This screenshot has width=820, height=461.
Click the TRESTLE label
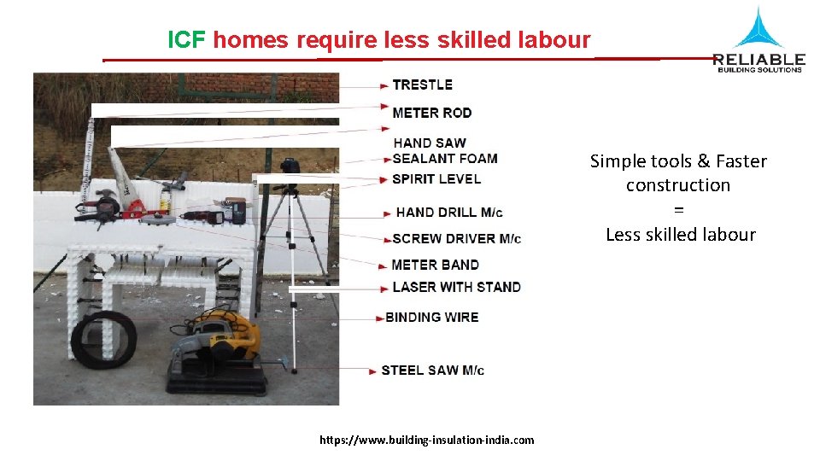pos(422,85)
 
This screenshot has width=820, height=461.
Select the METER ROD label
pos(431,113)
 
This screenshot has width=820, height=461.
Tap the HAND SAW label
pos(430,143)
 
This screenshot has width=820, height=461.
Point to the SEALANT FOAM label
pos(445,158)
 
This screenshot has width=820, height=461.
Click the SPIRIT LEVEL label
pos(436,179)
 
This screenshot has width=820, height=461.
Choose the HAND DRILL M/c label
pos(449,213)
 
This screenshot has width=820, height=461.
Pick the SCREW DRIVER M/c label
pos(456,238)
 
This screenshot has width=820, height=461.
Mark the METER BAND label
pos(435,265)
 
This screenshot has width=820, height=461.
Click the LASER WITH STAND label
pos(456,287)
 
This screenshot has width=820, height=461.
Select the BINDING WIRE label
pos(431,317)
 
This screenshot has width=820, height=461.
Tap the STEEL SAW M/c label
pos(432,370)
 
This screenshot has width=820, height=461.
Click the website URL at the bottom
pos(426,440)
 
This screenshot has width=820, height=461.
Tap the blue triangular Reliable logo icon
pos(758,28)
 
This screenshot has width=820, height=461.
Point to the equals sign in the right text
pos(678,210)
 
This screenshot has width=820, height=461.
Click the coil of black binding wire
pos(103,339)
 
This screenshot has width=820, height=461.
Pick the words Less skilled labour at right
pos(680,234)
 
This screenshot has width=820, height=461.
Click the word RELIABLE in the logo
pos(758,59)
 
